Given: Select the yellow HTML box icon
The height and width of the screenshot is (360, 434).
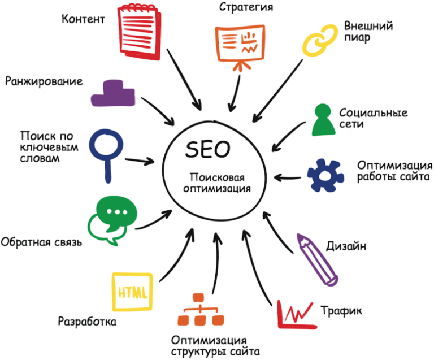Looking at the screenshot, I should tap(133, 292).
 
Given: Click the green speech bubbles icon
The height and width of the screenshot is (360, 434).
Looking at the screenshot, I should tap(112, 220).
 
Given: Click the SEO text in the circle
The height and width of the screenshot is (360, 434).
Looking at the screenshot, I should tap(207, 150).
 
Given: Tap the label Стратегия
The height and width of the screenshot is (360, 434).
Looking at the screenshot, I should tap(246, 7).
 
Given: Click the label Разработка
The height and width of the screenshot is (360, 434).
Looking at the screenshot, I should tap(87, 322).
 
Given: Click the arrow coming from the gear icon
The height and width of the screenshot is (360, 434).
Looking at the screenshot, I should tap(287, 177).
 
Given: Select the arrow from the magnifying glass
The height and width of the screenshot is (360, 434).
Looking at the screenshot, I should tap(138, 161).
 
